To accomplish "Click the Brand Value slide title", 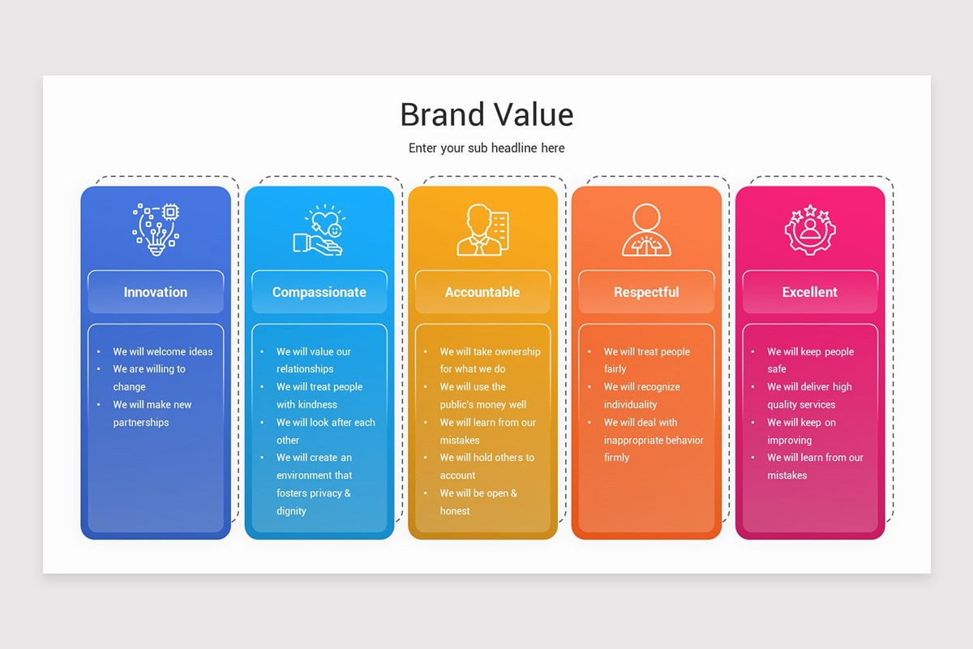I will (486, 115).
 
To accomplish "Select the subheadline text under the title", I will (486, 148).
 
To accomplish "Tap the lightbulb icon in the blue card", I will (156, 230).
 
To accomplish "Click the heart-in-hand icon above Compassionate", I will (319, 230).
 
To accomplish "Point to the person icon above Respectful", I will (646, 230).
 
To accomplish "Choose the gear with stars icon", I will (810, 230).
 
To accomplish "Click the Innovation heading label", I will (156, 292).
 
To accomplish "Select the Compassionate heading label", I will (319, 292).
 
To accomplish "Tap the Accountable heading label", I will (482, 292).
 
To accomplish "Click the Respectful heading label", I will (646, 292).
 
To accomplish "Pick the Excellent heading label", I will (810, 292).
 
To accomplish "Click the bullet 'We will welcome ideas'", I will (163, 352).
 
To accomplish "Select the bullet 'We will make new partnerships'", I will (152, 413).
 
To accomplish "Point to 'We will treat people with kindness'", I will (319, 396).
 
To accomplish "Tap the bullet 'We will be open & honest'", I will (478, 501).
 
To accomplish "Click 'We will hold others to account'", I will (486, 466).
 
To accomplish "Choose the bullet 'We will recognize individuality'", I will (642, 396).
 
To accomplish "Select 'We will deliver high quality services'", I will (809, 396).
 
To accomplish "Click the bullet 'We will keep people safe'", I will (810, 360).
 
